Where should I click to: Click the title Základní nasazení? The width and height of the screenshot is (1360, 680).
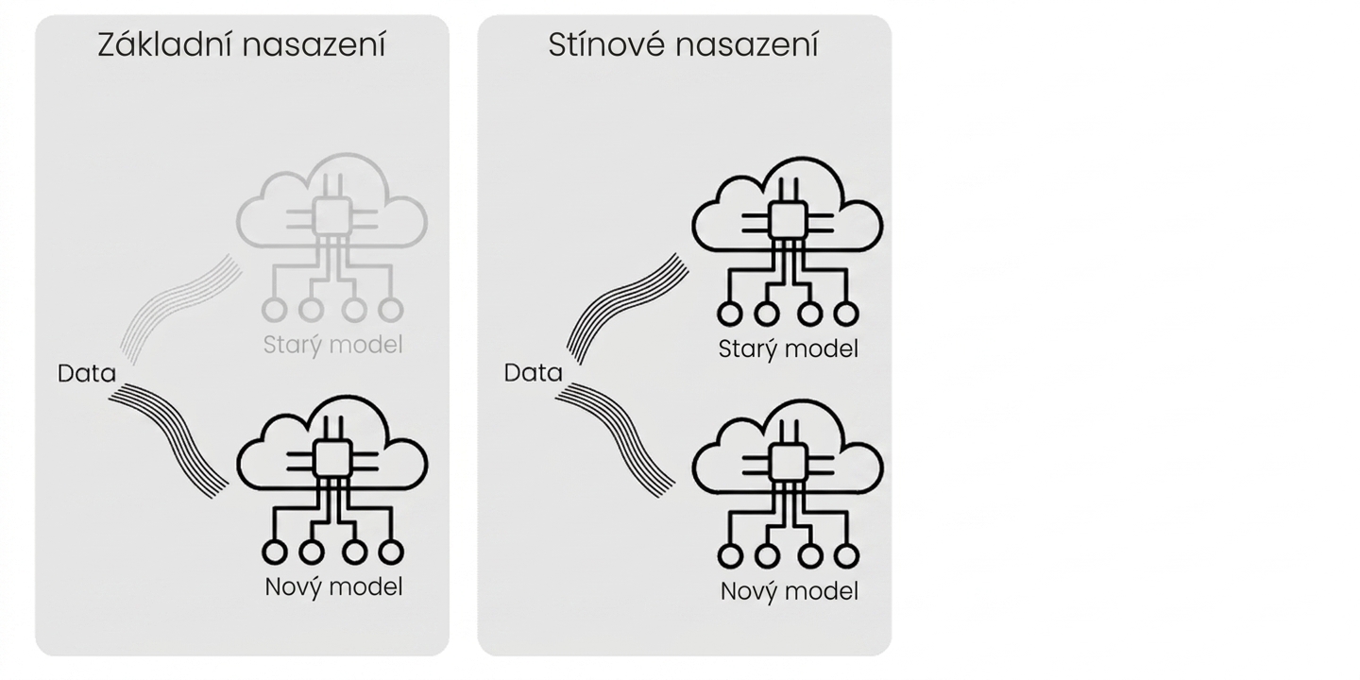(x=242, y=45)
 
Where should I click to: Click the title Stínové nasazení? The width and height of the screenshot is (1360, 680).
(x=683, y=45)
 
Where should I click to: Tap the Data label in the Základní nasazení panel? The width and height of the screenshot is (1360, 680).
(x=86, y=373)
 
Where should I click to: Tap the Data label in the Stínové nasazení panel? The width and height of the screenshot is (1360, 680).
(x=533, y=373)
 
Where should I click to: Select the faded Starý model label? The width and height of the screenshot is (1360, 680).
(x=332, y=346)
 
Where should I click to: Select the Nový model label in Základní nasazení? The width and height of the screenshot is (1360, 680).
(x=333, y=587)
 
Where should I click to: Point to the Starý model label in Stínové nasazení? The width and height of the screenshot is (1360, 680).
(x=788, y=349)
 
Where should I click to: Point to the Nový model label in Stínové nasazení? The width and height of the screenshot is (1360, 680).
(x=790, y=591)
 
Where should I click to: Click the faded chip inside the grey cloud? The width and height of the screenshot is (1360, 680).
(x=332, y=217)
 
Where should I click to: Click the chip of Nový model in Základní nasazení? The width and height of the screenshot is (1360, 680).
(x=332, y=459)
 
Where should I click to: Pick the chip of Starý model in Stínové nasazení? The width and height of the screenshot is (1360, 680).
(x=788, y=220)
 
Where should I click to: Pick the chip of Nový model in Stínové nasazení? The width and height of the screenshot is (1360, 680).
(x=788, y=463)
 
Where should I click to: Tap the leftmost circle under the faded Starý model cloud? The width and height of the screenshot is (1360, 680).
(x=275, y=310)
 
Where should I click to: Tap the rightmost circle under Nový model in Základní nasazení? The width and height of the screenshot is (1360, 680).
(x=391, y=552)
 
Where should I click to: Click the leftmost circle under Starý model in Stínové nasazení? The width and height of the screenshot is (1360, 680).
(x=730, y=314)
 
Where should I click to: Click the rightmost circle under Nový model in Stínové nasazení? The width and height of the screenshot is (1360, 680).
(x=846, y=555)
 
